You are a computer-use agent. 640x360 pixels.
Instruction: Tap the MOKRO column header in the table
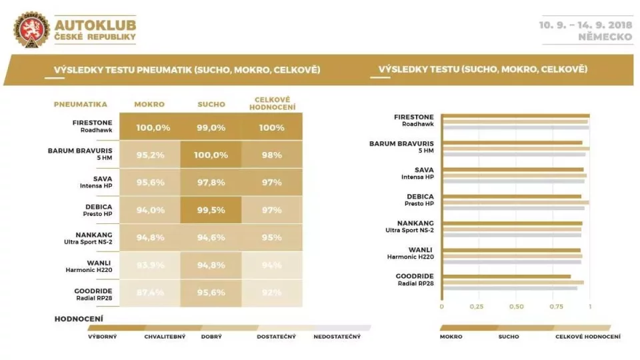[149, 105]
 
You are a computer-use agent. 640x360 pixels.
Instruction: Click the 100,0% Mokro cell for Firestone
[149, 127]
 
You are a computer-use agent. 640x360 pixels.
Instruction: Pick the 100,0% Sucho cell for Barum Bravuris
[211, 155]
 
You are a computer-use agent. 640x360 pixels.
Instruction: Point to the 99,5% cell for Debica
[211, 210]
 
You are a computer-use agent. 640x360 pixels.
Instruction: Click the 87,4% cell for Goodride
[149, 293]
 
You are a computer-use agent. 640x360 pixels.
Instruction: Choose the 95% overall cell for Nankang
[272, 237]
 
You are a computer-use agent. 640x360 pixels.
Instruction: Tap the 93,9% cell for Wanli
[149, 265]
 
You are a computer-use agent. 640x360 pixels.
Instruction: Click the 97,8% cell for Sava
[211, 182]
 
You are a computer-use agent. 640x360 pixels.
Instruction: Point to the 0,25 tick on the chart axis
[477, 307]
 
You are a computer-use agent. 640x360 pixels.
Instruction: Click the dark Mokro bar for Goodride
[507, 276]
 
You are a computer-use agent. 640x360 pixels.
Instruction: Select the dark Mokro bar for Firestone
[515, 116]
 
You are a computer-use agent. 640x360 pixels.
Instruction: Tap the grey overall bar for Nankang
[511, 235]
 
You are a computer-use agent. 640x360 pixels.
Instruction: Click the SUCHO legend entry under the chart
[509, 337]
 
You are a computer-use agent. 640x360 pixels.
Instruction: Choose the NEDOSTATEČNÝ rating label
[337, 337]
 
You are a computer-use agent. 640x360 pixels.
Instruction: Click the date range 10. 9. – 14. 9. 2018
[586, 25]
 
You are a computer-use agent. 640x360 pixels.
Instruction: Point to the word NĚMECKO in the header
[606, 37]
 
